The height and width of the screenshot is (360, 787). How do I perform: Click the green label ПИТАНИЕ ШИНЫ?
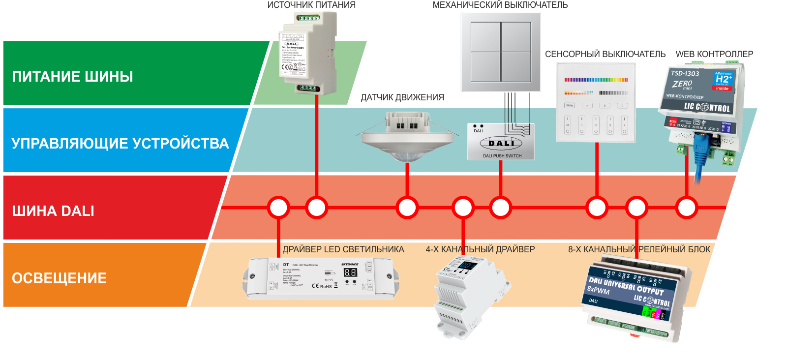[x=72, y=76]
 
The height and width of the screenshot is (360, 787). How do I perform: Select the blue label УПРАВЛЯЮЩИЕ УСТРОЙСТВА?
[x=120, y=143]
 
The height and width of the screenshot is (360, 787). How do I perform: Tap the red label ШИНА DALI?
[x=53, y=211]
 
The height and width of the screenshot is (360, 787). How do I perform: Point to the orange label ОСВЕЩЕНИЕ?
[x=59, y=278]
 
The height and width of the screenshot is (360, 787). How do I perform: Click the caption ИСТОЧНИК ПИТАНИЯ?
[x=311, y=5]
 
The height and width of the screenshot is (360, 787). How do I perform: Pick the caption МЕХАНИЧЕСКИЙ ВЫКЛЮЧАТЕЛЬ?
[x=500, y=5]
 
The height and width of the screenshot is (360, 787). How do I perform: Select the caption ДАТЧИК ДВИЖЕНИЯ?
[x=402, y=97]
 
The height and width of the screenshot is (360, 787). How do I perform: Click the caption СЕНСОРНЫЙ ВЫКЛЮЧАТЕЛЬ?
[x=605, y=54]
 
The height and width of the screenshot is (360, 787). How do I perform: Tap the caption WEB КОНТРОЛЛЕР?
[x=714, y=54]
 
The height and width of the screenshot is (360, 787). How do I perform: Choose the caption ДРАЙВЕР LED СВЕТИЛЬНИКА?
[x=343, y=249]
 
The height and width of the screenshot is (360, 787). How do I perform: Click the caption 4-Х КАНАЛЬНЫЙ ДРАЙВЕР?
[x=480, y=249]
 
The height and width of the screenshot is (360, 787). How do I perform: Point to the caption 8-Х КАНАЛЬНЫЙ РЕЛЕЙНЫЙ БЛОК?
[x=639, y=249]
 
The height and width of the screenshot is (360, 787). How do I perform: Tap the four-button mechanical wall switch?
[x=501, y=52]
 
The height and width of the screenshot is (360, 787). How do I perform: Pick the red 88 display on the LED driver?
[x=350, y=272]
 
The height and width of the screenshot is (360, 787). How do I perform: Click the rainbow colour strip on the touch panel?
[x=596, y=80]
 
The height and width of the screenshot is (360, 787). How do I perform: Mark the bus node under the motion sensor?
[x=407, y=208]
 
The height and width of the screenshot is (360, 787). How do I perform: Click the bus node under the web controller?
[x=686, y=208]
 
